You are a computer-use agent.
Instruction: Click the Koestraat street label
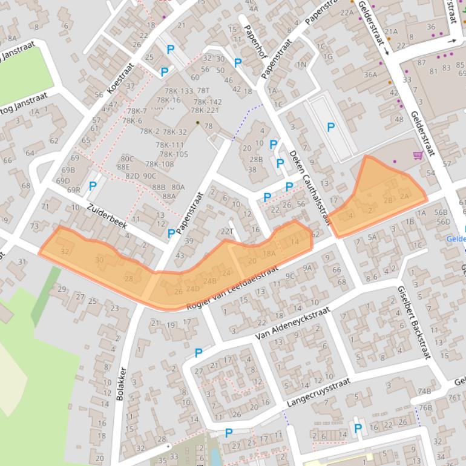[120, 79]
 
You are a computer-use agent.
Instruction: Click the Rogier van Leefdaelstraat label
[233, 287]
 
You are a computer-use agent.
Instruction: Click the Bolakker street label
[120, 384]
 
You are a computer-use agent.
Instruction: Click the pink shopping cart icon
[418, 156]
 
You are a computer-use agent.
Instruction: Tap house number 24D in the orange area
[192, 289]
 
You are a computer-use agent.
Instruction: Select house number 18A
[269, 254]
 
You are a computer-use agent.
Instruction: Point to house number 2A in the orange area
[405, 195]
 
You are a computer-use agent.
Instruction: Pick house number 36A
[370, 75]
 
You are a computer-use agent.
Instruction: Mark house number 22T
[227, 231]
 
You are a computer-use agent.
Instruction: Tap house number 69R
[74, 190]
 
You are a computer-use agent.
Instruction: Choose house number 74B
[424, 392]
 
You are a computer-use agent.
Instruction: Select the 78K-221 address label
[205, 110]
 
